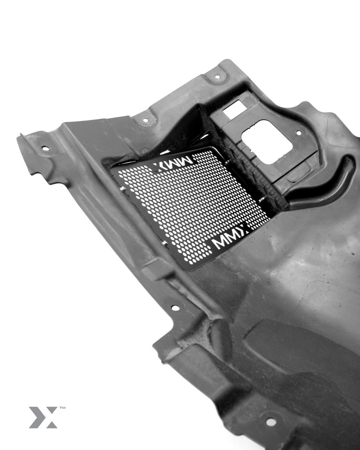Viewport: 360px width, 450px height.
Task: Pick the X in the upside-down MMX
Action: (159, 168)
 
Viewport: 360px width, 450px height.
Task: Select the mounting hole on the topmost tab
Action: (217, 77)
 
